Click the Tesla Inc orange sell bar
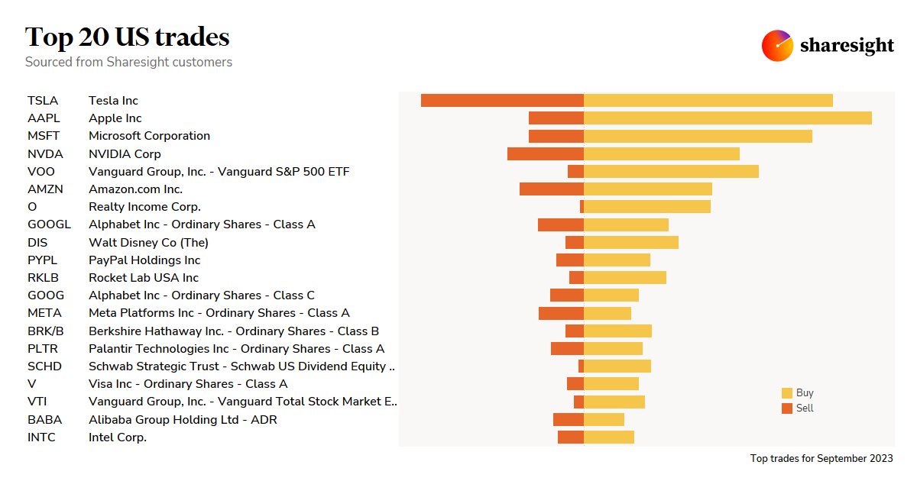coord(502,101)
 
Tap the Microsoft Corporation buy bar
coord(698,136)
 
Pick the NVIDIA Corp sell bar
coord(546,153)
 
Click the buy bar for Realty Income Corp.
coord(647,207)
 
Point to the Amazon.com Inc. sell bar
coord(552,189)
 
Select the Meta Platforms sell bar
coord(561,313)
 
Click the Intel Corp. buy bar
coord(609,437)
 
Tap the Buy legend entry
coord(798,393)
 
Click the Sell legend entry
coord(798,408)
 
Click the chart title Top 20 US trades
coord(128,37)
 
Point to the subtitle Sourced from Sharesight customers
coord(128,62)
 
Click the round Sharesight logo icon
coord(777,46)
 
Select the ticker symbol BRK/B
coord(46,331)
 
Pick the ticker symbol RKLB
coord(43,278)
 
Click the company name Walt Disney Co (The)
coord(148,243)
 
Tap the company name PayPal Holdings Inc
coord(144,260)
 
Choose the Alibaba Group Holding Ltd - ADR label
coord(183,420)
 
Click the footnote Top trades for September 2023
coord(821,459)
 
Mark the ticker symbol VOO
coord(41,172)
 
